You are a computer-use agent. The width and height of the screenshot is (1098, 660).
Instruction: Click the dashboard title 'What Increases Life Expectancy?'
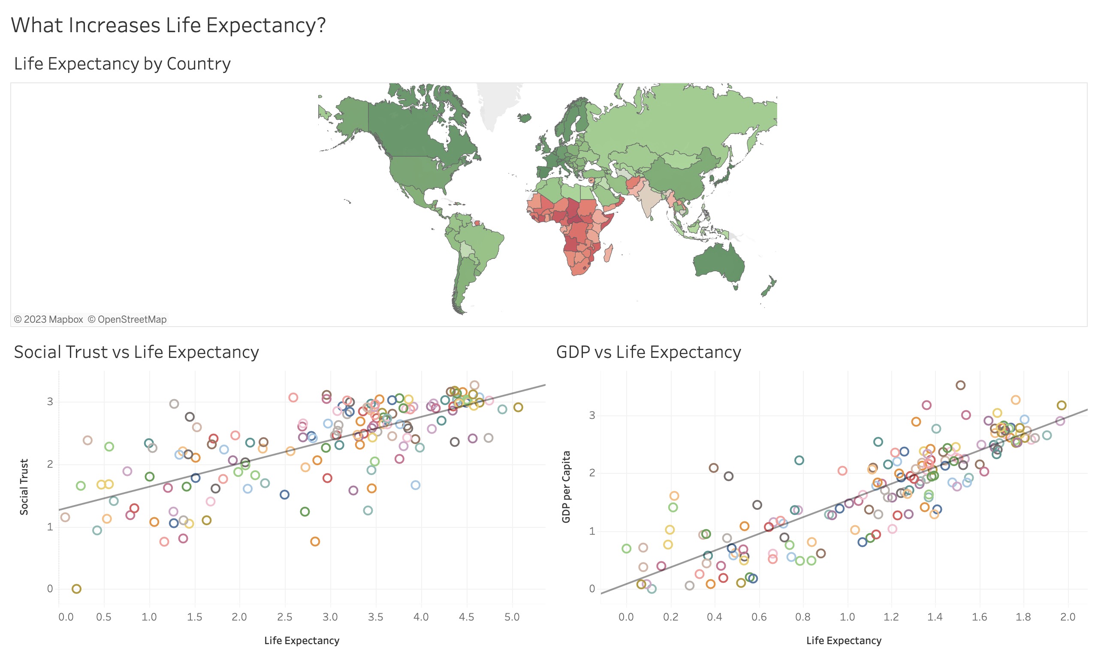pos(168,25)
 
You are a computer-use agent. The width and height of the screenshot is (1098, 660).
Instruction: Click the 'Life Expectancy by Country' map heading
pos(122,64)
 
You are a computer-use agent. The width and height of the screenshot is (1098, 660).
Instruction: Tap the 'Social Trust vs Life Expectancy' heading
pos(136,352)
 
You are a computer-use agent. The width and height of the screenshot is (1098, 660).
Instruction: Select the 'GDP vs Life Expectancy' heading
pos(648,352)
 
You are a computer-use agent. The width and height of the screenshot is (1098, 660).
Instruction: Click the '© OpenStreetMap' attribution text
pos(127,319)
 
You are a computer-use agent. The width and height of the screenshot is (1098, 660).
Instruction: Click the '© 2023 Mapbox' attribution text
pos(48,319)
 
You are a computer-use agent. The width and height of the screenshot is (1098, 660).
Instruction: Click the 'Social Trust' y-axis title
pos(24,487)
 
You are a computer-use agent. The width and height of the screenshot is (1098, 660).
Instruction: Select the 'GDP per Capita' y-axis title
pos(566,487)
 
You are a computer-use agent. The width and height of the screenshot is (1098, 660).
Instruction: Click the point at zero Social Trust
pos(76,588)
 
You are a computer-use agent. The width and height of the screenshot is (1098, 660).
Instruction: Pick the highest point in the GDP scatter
pos(960,385)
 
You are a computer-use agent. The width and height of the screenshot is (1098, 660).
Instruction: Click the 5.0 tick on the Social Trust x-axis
pos(512,617)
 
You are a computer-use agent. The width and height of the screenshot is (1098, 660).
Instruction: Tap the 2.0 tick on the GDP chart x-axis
pos(1067,617)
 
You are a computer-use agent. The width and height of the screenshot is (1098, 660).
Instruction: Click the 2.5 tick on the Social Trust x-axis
pos(284,617)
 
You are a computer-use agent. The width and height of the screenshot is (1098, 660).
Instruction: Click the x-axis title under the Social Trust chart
pos(302,640)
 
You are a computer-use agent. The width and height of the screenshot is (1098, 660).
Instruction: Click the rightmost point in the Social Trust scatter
pos(518,407)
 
